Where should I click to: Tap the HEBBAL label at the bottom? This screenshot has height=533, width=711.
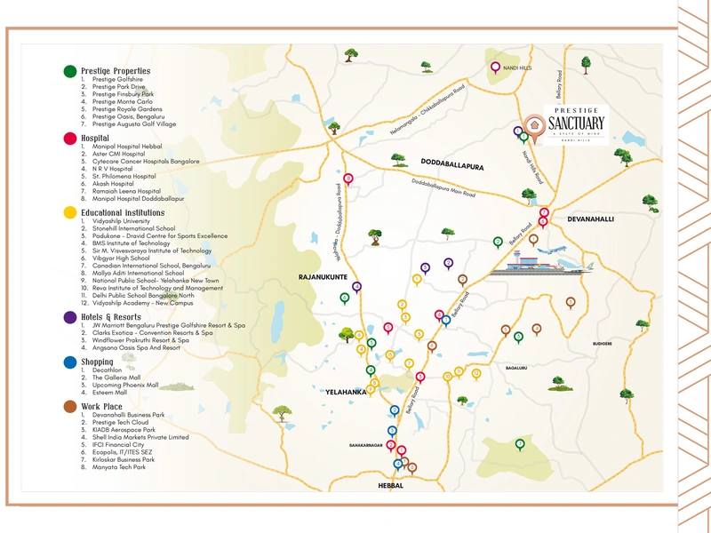[390, 486]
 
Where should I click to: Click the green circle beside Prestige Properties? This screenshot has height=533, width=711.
[69, 71]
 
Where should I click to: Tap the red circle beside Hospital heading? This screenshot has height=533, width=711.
[69, 139]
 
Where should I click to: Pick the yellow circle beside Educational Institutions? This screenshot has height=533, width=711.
[69, 213]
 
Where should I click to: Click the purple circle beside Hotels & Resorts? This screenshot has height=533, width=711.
[69, 316]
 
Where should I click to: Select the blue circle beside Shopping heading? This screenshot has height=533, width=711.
[69, 362]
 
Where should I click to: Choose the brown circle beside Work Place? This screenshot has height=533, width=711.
[69, 407]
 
